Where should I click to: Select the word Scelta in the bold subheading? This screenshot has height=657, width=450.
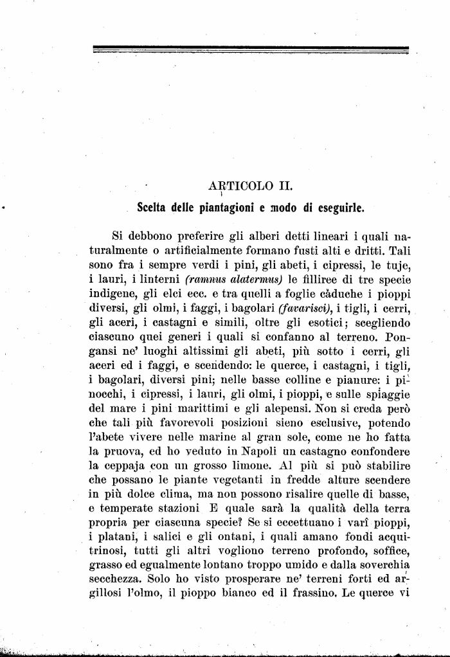pos(156,208)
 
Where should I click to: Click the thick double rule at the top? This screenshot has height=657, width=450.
pos(251,48)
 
